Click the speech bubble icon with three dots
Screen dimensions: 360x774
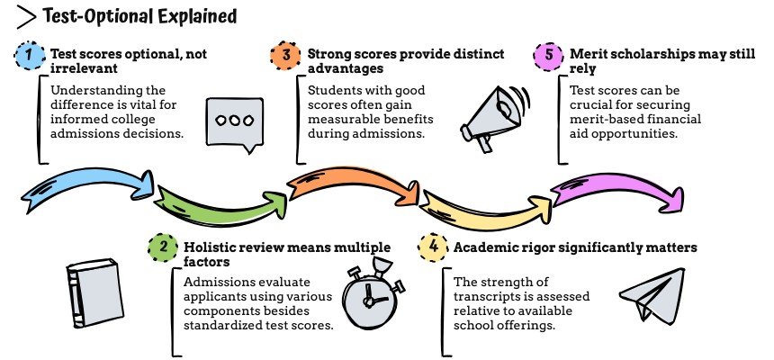(228, 120)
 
